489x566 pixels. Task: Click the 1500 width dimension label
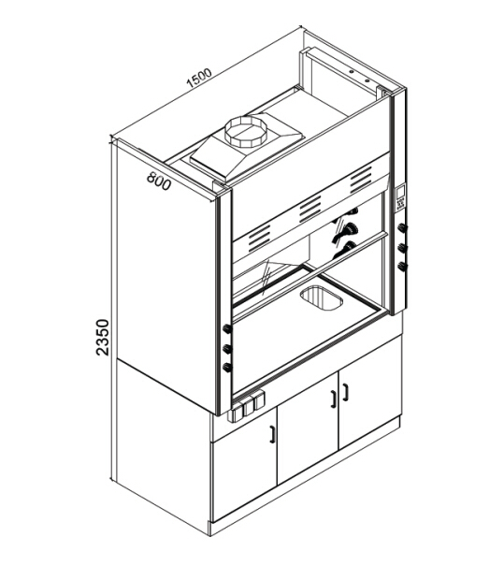coord(199,79)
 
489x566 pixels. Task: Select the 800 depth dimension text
coord(159,181)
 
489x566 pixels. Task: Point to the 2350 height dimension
coord(103,337)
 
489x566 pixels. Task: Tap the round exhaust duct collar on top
coord(245,131)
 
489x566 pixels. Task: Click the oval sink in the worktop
coord(321,298)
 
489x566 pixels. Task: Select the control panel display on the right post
coord(401,197)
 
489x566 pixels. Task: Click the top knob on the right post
coord(402,227)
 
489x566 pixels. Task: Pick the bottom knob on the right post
coord(402,268)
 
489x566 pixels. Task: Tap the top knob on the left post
coord(226,328)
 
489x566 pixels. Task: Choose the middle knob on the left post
coord(226,349)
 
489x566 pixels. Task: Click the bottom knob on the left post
coord(226,368)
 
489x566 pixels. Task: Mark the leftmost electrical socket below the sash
coord(236,413)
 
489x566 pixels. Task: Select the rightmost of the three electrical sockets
coord(259,400)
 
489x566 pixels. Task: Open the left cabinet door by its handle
coord(272,433)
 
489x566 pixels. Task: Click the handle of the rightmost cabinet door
coord(346,392)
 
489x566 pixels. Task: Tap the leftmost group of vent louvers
coord(259,239)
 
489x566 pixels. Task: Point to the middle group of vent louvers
coord(309,210)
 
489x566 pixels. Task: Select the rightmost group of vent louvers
coord(361,180)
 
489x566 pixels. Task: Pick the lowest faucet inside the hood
coord(345,250)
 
